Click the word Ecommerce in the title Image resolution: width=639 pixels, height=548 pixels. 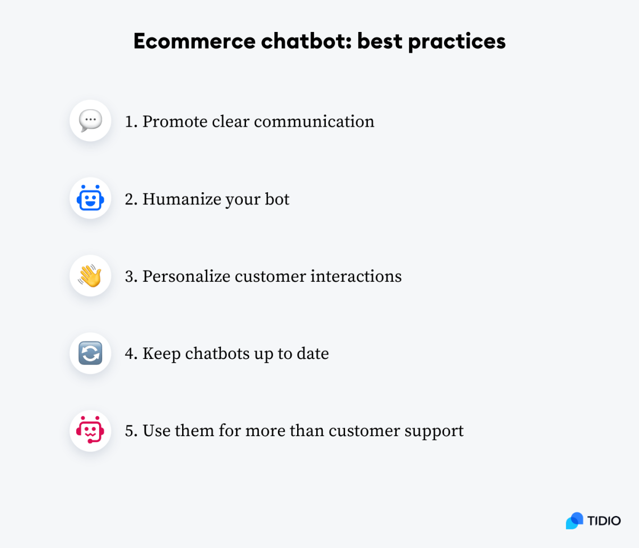point(194,42)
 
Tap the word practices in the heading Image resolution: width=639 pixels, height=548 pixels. point(457,42)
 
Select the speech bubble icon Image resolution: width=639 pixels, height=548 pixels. point(91,121)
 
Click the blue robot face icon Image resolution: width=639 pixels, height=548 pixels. point(91,198)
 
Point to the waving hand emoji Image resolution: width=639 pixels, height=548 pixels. point(91,276)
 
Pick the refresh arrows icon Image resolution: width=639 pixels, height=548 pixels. point(91,353)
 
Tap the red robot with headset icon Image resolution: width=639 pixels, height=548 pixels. point(91,430)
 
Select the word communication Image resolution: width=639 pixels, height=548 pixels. point(314,121)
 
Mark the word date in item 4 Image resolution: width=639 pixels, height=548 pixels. point(313,354)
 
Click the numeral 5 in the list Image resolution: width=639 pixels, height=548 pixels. point(129,431)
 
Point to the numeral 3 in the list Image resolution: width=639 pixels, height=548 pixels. point(129,276)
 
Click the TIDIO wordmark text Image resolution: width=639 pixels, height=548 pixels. point(604,520)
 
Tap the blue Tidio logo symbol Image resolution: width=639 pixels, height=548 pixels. point(575,520)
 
